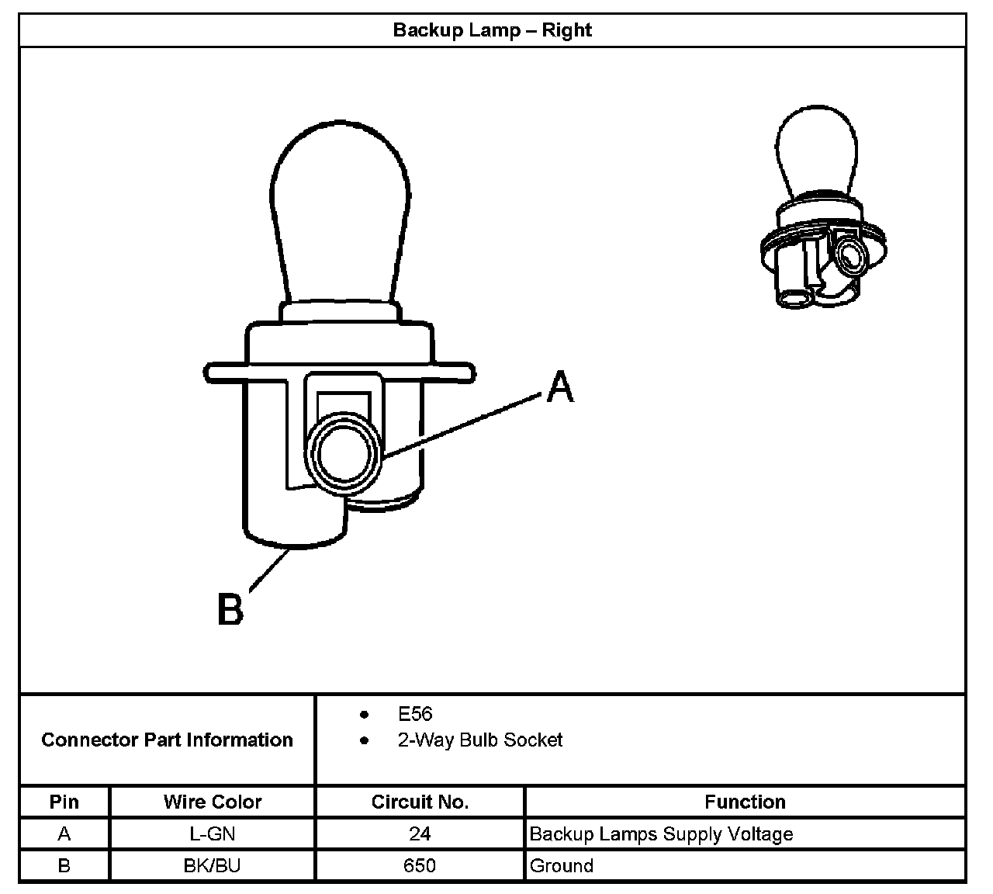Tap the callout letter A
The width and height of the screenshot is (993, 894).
click(x=559, y=386)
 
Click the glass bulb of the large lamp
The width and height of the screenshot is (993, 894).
click(x=341, y=210)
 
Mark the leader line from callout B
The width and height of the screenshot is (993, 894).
click(x=269, y=572)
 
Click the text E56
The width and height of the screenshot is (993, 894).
click(x=414, y=714)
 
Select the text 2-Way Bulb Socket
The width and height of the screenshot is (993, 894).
click(x=479, y=740)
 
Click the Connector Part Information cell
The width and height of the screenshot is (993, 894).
click(x=167, y=740)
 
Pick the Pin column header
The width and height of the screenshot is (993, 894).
click(x=64, y=802)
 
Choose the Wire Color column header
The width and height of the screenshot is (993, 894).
click(x=213, y=802)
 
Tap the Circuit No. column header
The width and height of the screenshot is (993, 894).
click(x=420, y=802)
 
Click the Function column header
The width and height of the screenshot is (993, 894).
click(x=745, y=802)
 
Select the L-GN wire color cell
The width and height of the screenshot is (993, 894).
click(x=213, y=834)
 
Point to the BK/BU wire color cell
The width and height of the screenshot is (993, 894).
click(x=213, y=865)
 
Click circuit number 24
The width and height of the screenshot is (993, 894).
click(x=420, y=834)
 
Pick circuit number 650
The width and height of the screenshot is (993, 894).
click(x=420, y=865)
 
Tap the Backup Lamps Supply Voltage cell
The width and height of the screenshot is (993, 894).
click(x=661, y=834)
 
